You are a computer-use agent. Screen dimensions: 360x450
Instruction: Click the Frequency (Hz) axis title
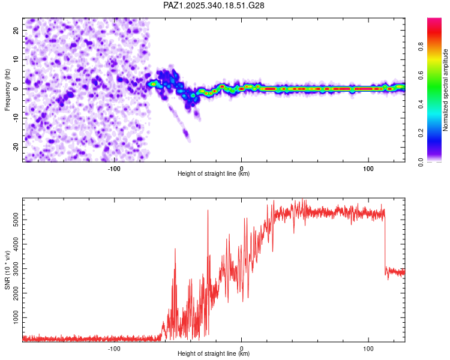click(7, 89)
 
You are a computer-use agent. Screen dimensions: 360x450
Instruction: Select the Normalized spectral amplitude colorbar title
click(446, 90)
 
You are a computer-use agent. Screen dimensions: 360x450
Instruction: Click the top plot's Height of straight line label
click(214, 174)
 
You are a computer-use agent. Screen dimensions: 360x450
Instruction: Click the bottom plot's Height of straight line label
click(214, 354)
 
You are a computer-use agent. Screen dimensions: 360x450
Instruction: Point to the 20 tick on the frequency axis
click(16, 30)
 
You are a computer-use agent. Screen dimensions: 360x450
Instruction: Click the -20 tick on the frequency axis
click(14, 147)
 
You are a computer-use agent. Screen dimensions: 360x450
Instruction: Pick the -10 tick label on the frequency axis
click(14, 118)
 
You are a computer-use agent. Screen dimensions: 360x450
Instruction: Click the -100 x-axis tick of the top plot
click(114, 167)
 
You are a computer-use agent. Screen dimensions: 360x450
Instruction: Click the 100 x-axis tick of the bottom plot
click(368, 347)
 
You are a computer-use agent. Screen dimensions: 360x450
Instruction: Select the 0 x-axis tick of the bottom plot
click(241, 347)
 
